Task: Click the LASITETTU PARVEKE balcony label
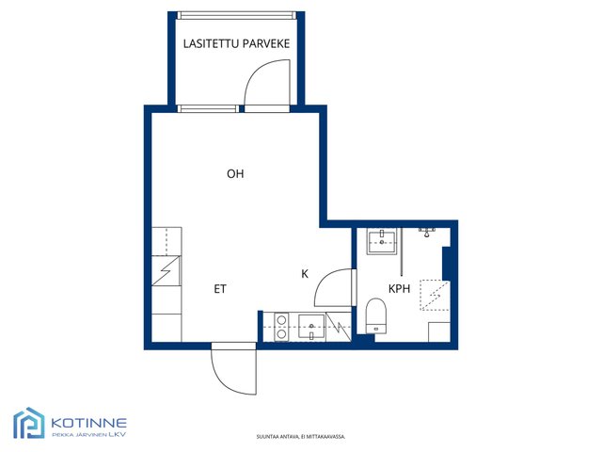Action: (236, 43)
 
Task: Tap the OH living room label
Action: (235, 173)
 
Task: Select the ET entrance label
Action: (220, 289)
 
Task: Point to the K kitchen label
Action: (305, 274)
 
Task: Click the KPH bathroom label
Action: (399, 289)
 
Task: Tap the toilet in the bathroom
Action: (376, 316)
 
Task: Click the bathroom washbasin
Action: (382, 241)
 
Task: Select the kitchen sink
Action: (311, 327)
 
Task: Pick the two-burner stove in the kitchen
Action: (281, 327)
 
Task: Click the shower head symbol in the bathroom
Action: (427, 233)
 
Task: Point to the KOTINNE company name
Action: (88, 423)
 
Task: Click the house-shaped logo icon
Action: (29, 423)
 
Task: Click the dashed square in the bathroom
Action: (435, 295)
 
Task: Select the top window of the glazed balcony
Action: (236, 15)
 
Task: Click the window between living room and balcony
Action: (208, 109)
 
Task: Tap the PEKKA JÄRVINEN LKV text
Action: (88, 435)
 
